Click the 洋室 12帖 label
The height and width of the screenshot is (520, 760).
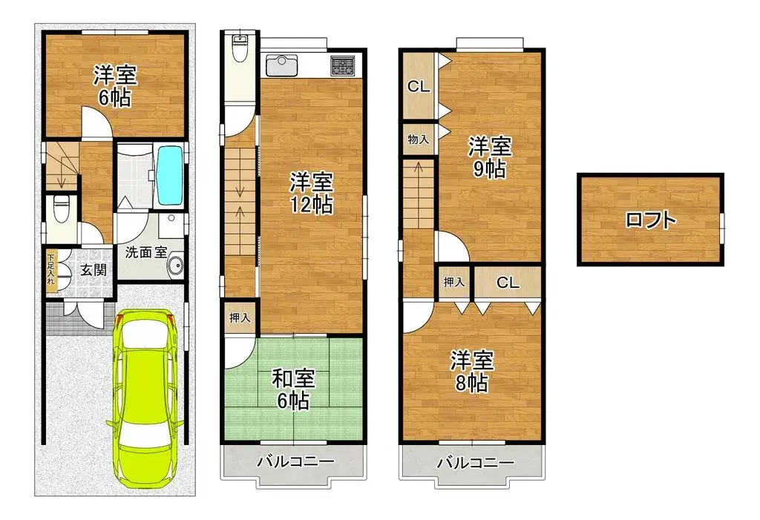[311, 192]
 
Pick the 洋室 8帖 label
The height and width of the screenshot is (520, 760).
[472, 372]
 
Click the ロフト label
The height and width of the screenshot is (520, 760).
[650, 220]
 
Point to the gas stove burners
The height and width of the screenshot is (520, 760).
[343, 65]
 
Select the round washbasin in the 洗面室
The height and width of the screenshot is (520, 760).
[175, 266]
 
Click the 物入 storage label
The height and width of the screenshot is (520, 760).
[417, 139]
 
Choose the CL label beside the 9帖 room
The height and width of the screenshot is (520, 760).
[419, 87]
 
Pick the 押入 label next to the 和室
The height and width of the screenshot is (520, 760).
[239, 317]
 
